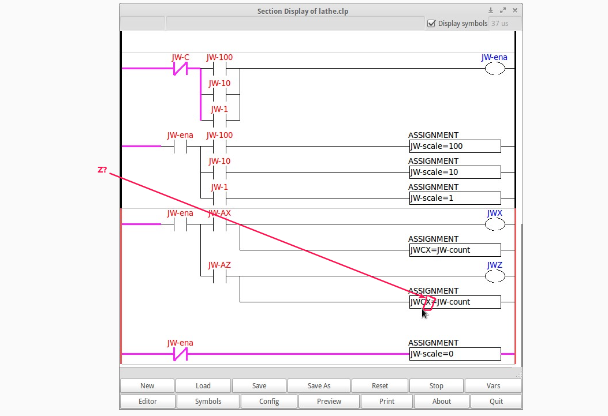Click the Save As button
pos(319,386)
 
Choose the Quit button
pos(496,402)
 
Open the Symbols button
pos(208,402)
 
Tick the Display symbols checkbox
pos(431,24)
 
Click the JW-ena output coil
pos(494,69)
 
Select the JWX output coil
pos(494,224)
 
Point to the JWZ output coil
pos(494,276)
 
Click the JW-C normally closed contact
pos(181,69)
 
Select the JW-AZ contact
pos(219,276)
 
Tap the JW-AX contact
pos(219,224)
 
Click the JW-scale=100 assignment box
pos(455,147)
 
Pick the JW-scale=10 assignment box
pos(455,173)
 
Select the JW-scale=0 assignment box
pos(455,354)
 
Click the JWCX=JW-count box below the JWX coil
pos(455,250)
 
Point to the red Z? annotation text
pos(102,170)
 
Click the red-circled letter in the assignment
pos(428,302)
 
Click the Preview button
pos(329,402)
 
